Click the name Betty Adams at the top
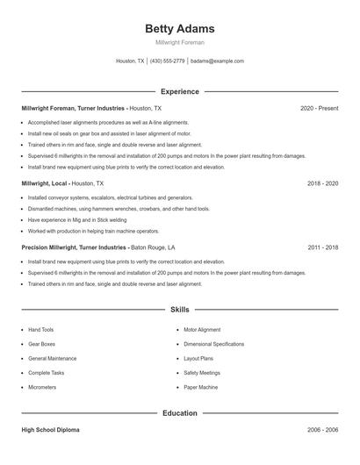tap(179, 29)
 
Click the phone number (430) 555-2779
tap(167, 61)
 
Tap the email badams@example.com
tap(217, 61)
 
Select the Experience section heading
tap(179, 91)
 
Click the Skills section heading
tap(179, 310)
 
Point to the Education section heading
tap(179, 412)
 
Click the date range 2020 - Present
tap(319, 108)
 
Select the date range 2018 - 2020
tap(322, 184)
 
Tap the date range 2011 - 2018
tap(322, 247)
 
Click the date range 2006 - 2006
tap(322, 431)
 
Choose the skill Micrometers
tap(42, 387)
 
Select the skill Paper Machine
tap(201, 387)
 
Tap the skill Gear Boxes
tap(41, 344)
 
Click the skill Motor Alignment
tap(202, 330)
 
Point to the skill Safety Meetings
tap(202, 373)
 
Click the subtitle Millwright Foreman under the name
tap(179, 42)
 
